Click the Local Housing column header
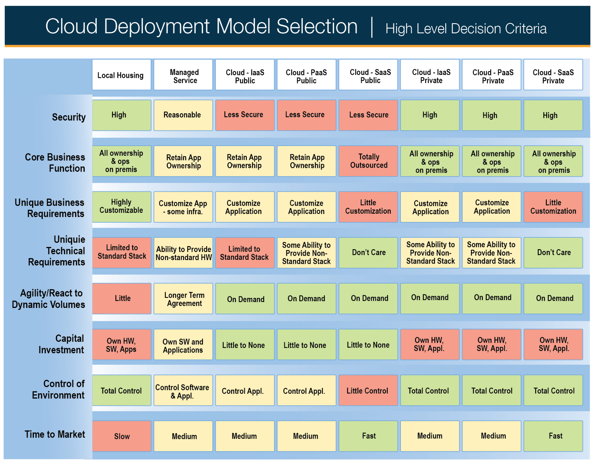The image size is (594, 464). [x=122, y=75]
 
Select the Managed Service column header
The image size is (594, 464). [x=183, y=75]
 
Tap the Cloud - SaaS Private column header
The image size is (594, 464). [x=553, y=75]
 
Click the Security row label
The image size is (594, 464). [x=69, y=117]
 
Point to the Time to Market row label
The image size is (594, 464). [x=55, y=434]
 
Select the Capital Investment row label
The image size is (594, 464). [x=62, y=344]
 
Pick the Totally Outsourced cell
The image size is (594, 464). [x=368, y=161]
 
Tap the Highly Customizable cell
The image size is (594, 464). [x=122, y=207]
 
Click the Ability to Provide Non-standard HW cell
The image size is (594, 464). [x=183, y=253]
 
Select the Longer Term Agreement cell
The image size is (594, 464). [x=183, y=298]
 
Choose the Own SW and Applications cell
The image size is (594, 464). [x=183, y=345]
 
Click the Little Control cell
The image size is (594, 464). [x=368, y=390]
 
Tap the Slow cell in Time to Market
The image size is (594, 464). [x=122, y=436]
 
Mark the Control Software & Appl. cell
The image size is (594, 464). [x=183, y=390]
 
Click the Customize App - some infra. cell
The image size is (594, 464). [x=183, y=207]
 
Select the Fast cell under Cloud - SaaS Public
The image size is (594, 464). [x=368, y=436]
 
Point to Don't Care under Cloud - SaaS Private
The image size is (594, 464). [x=553, y=253]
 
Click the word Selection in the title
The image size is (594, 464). [x=317, y=26]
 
